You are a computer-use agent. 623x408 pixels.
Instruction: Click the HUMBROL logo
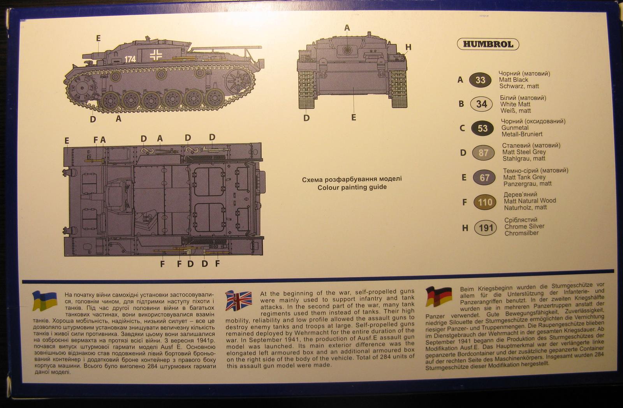pos(488,44)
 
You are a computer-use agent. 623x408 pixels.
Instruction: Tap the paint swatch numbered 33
pos(480,80)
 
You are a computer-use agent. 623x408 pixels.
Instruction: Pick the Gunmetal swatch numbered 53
pos(482,128)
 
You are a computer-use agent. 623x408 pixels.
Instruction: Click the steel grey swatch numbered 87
pos(483,153)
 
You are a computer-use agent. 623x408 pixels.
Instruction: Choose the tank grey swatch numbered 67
pos(484,178)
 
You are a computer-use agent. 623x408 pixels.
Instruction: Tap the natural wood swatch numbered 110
pos(485,202)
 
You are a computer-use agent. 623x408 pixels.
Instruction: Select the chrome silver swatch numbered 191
pos(486,228)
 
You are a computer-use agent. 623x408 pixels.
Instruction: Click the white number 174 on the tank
pos(130,59)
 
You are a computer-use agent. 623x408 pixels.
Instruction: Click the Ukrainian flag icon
pos(45,300)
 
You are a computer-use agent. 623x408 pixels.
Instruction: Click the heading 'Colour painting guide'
pos(352,187)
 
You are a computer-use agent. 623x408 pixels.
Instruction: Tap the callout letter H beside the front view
pos(408,48)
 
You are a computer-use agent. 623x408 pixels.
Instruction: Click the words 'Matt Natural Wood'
pos(530,201)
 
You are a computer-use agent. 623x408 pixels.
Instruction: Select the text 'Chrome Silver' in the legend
pos(524,226)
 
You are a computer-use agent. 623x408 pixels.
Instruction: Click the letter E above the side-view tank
pos(98,38)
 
